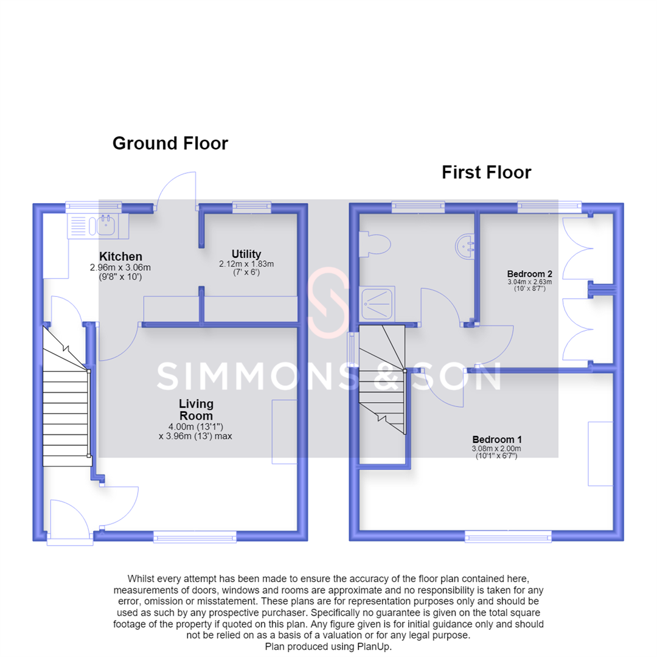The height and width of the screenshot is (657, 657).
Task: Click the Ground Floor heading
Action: point(170,144)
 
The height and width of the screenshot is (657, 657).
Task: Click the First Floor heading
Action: point(487,172)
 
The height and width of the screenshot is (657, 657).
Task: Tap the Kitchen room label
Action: point(120,257)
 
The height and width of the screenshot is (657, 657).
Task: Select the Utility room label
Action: point(246,254)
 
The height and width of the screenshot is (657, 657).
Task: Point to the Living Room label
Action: point(196,410)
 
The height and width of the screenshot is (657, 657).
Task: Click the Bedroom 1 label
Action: point(497,440)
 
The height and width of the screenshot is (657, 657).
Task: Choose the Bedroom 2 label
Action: point(530,274)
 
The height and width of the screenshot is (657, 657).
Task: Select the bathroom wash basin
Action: point(465,246)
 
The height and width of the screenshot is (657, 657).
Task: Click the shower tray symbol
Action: point(377,304)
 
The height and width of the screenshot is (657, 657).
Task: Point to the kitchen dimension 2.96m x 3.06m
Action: point(120,267)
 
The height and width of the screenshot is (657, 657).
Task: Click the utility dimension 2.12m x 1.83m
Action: point(246,264)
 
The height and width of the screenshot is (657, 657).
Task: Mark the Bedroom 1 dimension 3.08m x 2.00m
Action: point(496,449)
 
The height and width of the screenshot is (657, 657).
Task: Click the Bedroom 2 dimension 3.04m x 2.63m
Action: point(530,282)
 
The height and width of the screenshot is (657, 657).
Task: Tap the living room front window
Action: point(195,537)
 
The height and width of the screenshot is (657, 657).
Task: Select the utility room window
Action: point(252,207)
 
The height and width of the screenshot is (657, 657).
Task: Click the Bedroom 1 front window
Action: point(508,537)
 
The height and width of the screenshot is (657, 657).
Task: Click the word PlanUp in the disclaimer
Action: point(374,647)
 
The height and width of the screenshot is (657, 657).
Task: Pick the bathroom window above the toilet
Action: point(418,207)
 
